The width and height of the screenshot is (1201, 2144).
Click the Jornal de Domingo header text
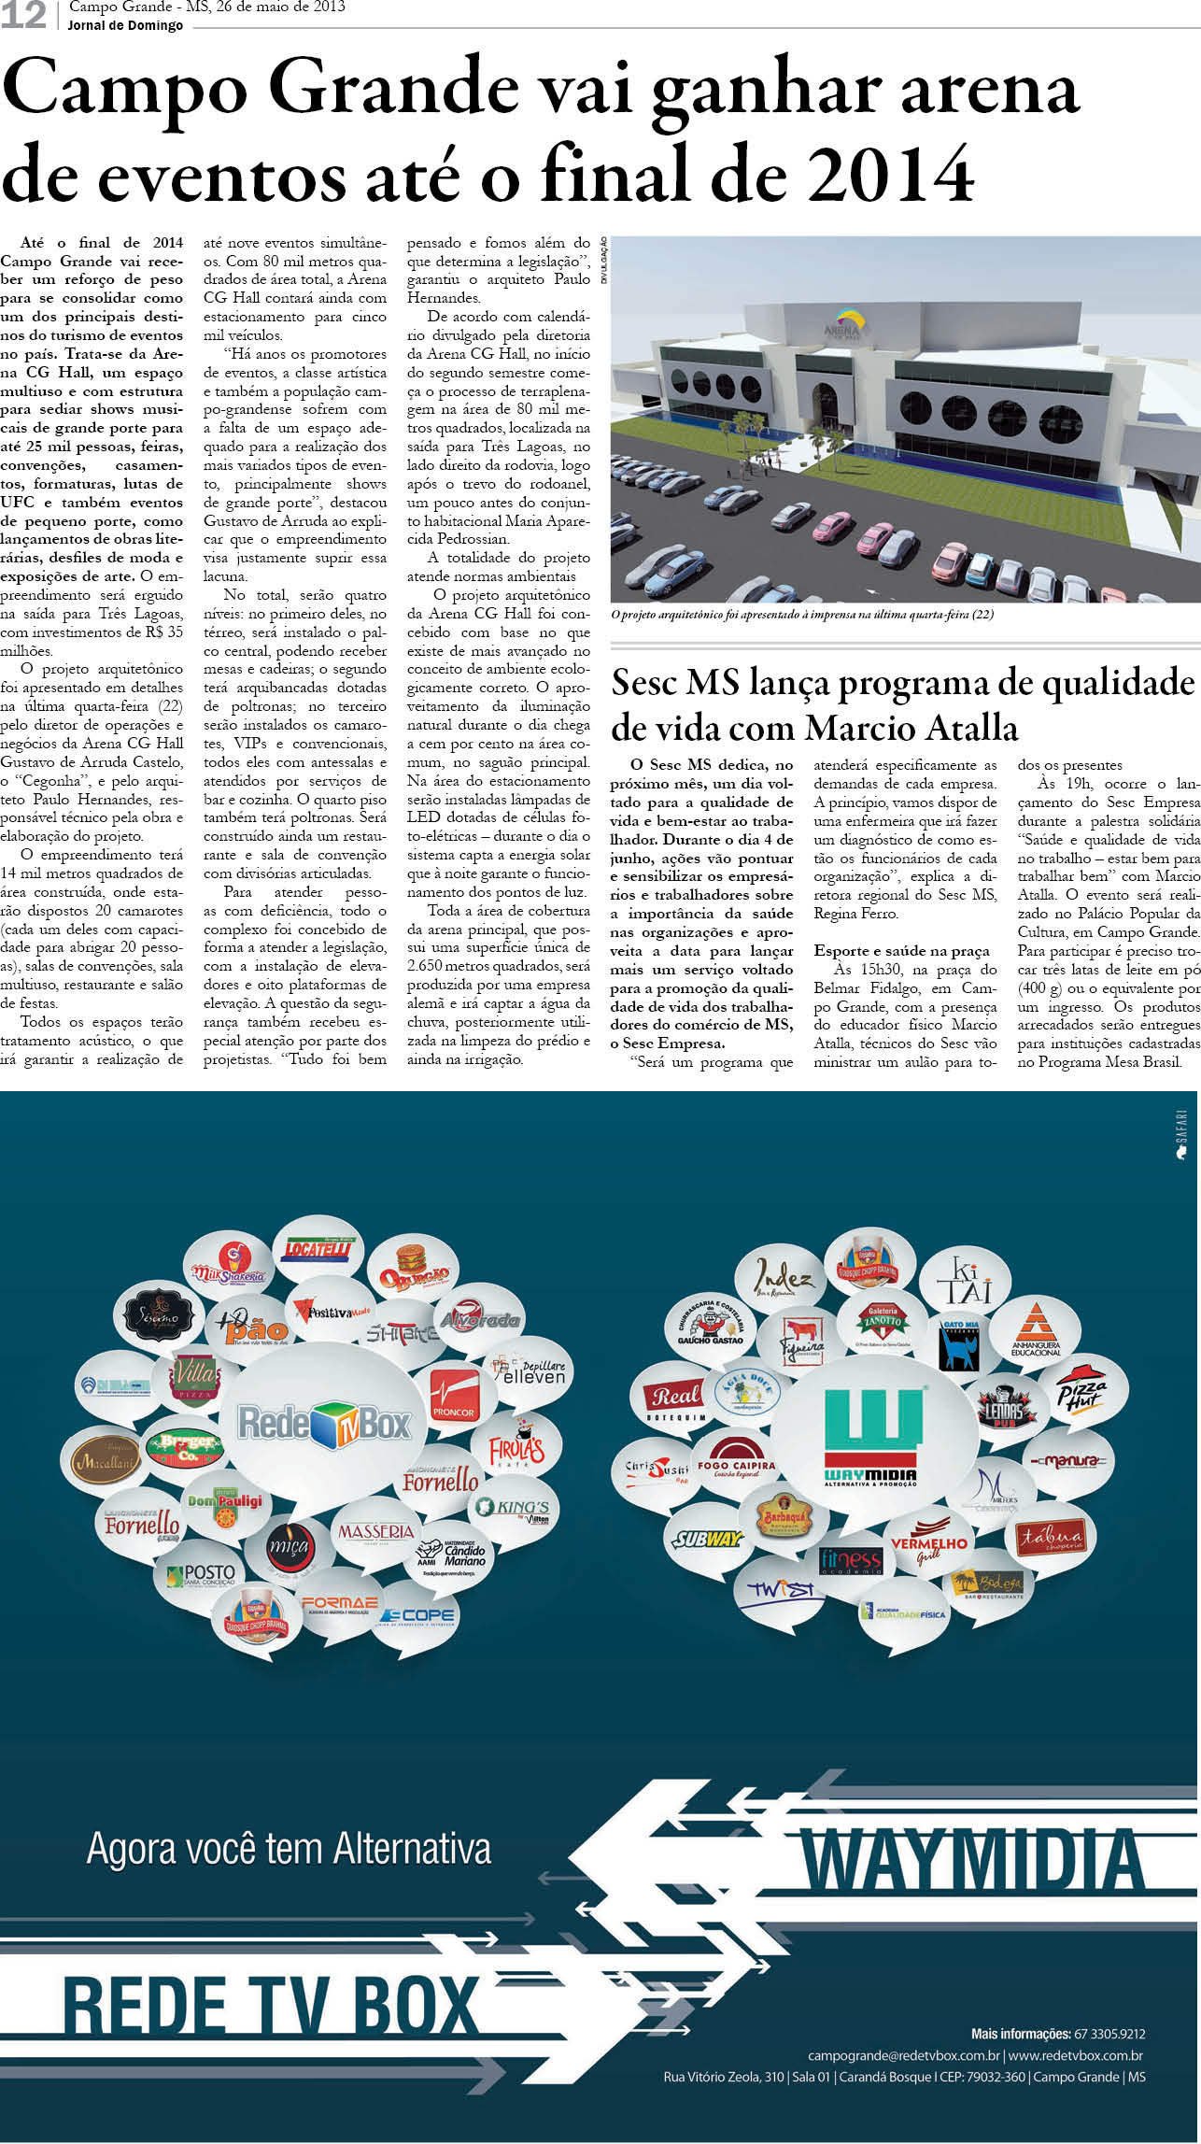point(125,25)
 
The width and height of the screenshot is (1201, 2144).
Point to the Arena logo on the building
point(846,327)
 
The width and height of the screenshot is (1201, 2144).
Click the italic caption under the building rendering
point(802,615)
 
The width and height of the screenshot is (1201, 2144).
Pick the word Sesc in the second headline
point(643,683)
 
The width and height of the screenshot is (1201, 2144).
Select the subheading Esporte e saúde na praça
point(901,950)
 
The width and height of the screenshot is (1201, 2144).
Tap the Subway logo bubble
point(707,1538)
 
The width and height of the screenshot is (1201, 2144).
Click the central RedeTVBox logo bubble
point(324,1424)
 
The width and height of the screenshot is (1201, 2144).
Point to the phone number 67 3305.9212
point(1109,2034)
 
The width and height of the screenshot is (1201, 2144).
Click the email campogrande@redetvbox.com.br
point(904,2055)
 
